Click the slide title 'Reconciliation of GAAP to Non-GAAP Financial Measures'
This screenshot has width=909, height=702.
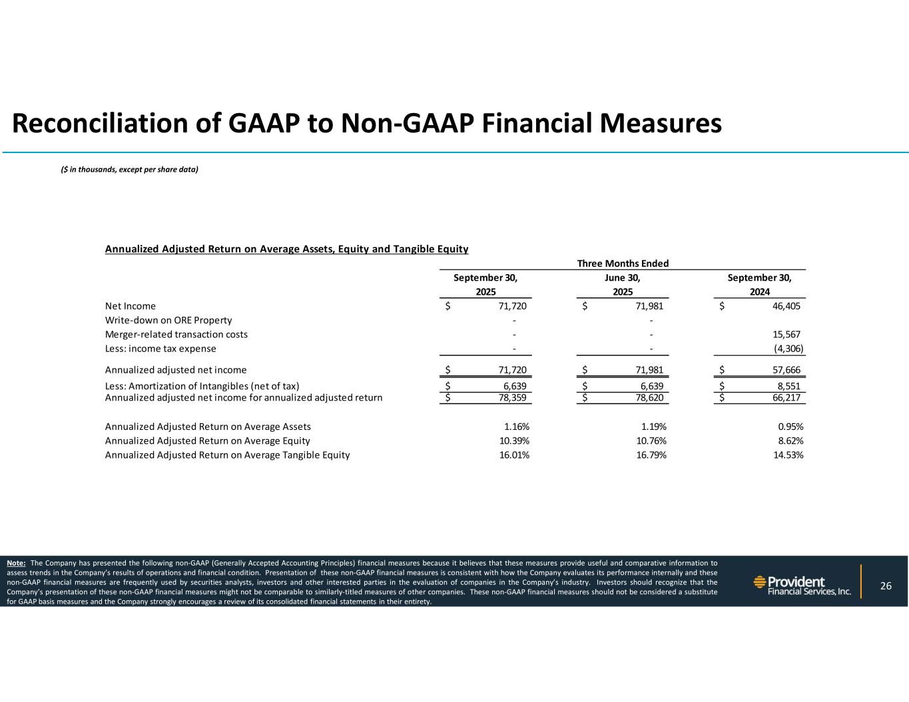pos(367,124)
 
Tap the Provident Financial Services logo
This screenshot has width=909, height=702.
pos(802,586)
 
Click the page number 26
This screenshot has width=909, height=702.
pos(885,586)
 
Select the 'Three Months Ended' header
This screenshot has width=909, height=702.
pos(623,263)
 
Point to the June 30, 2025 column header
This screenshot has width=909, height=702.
pos(623,285)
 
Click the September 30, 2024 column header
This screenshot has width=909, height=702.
pos(759,285)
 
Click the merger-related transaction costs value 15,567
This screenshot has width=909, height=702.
pos(786,335)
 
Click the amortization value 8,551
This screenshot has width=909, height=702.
pos(788,387)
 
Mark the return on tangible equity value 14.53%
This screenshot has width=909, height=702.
pos(786,456)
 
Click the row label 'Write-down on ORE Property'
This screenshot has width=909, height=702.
pos(168,320)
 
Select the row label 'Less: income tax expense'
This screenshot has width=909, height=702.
pos(160,349)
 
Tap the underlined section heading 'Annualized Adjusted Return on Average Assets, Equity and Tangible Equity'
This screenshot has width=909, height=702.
pos(286,250)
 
